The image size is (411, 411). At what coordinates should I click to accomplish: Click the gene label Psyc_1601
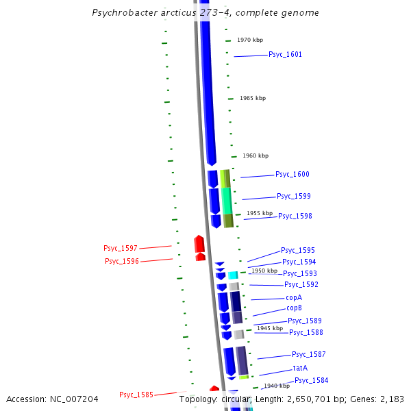click(285, 54)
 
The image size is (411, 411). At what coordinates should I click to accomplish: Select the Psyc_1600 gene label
click(292, 175)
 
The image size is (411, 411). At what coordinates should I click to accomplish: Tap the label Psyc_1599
click(294, 196)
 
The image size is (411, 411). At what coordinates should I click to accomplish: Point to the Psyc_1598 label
click(295, 216)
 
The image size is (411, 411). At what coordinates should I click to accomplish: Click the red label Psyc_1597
click(121, 248)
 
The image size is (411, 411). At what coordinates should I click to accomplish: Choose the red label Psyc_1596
click(122, 261)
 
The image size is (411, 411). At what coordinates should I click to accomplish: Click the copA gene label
click(294, 297)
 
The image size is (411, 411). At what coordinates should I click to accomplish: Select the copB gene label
click(294, 308)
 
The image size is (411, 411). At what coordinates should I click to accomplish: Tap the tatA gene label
click(300, 368)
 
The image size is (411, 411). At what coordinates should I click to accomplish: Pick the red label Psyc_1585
click(136, 395)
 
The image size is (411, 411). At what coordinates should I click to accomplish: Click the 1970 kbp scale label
click(250, 40)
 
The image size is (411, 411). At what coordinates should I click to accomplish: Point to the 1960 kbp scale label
click(256, 155)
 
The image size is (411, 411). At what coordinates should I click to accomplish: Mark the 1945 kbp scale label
click(270, 328)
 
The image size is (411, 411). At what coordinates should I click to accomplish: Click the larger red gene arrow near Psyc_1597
click(199, 244)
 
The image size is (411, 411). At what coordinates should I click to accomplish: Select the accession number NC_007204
click(73, 399)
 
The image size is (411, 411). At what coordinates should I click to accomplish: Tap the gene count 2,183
click(391, 399)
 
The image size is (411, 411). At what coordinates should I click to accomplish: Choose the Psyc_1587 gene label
click(309, 354)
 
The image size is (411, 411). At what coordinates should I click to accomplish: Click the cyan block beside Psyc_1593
click(233, 275)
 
